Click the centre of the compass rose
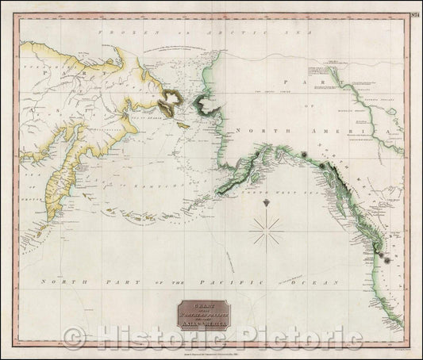click(268, 230)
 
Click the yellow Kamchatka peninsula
click(58, 190)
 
